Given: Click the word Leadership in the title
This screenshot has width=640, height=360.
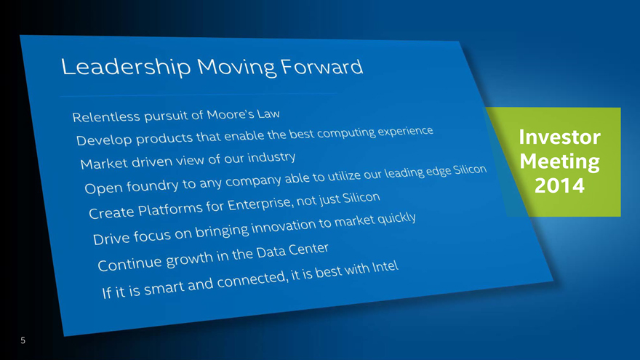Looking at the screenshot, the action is tap(126, 66).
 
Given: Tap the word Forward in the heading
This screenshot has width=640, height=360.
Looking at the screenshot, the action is tap(321, 66).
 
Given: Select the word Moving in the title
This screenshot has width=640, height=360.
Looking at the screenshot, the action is tap(236, 68).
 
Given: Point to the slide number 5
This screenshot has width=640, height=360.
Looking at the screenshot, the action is tap(23, 340).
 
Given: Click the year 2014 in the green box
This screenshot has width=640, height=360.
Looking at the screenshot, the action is tap(559, 185).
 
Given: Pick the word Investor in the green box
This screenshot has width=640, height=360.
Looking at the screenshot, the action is tap(559, 137).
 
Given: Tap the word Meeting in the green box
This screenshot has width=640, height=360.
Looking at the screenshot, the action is tap(559, 161).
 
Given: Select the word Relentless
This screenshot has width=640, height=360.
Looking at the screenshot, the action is tap(106, 118).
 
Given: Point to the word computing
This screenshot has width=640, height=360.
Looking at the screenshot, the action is tap(346, 133).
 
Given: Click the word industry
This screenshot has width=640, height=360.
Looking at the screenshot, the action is tap(271, 157).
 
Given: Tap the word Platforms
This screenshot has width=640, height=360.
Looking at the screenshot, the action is tap(169, 209).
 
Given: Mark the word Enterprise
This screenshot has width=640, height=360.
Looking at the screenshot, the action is tap(260, 203).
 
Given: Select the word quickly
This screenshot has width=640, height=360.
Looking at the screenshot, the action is tap(397, 218).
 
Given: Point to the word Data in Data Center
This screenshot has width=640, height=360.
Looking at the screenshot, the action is tap(271, 252).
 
